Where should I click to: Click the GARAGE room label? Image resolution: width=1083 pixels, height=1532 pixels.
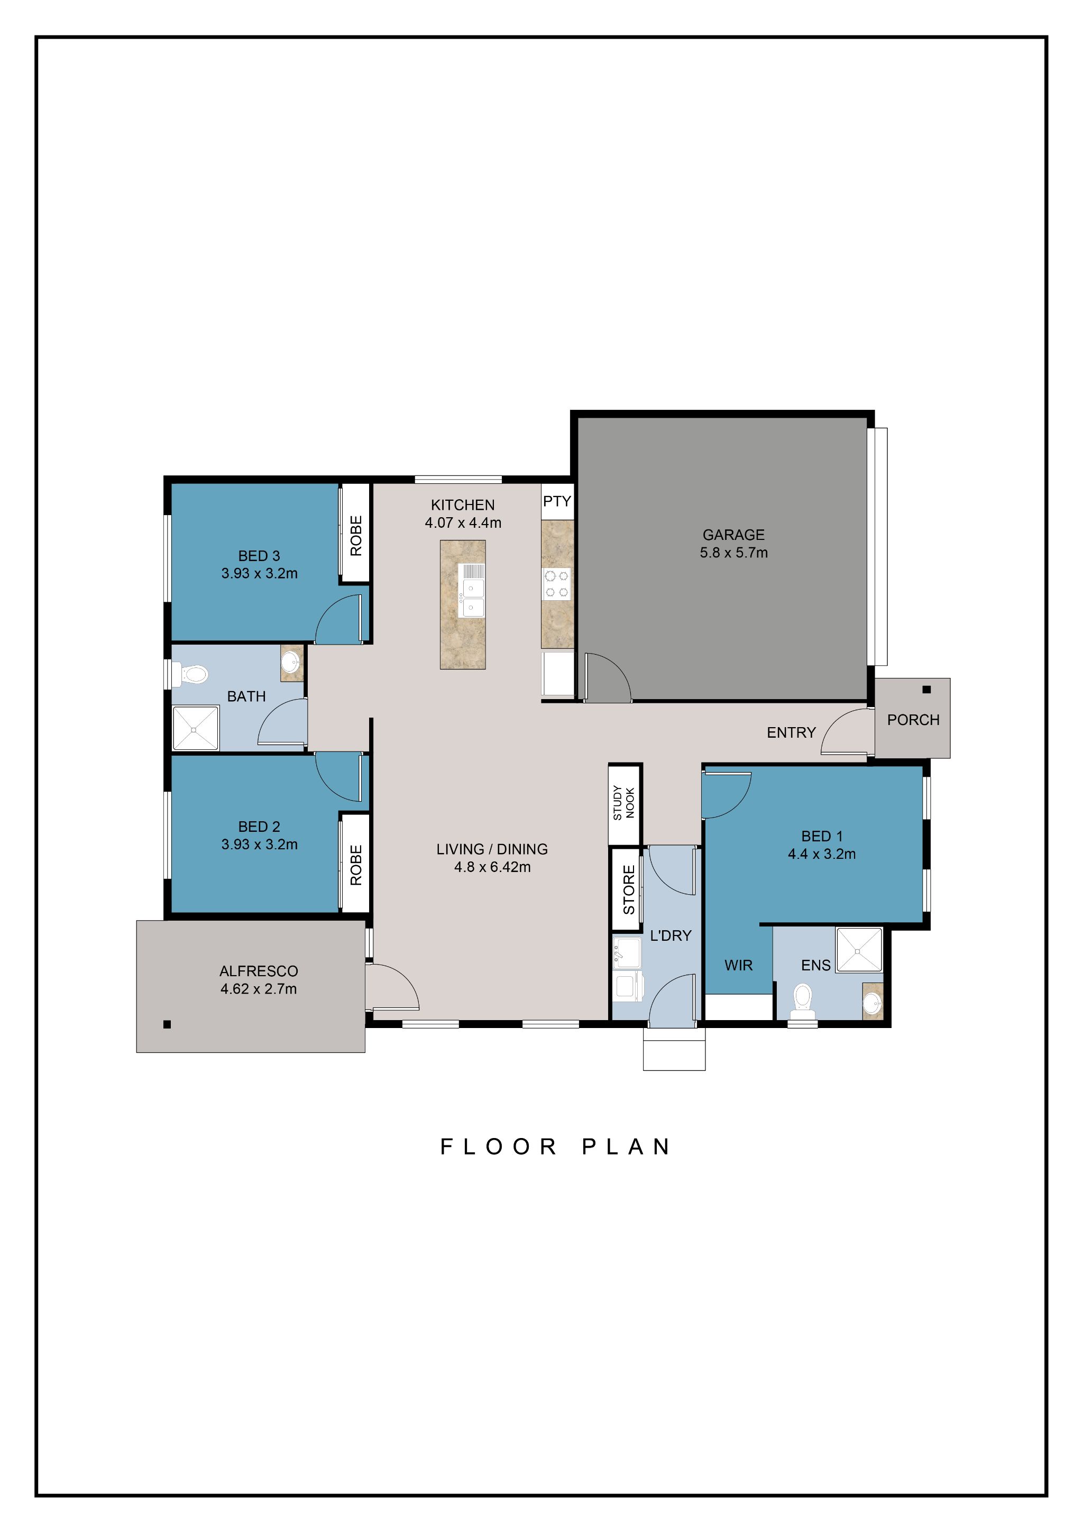pyautogui.click(x=733, y=535)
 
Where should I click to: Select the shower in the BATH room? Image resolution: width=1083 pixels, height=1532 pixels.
pyautogui.click(x=196, y=729)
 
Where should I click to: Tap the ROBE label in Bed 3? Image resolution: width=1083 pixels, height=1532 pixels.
pyautogui.click(x=356, y=535)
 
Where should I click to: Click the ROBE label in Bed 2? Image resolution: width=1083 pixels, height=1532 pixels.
pyautogui.click(x=356, y=866)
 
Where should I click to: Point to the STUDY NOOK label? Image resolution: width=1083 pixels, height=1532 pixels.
pyautogui.click(x=623, y=803)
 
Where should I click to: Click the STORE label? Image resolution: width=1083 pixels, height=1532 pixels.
pyautogui.click(x=628, y=889)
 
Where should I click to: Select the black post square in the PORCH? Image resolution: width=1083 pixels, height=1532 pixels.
pyautogui.click(x=926, y=689)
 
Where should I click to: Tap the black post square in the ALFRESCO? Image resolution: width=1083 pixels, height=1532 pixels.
pyautogui.click(x=167, y=1024)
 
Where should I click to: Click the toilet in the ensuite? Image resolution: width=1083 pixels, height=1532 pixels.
pyautogui.click(x=803, y=1000)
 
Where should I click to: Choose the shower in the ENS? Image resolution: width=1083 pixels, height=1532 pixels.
pyautogui.click(x=858, y=949)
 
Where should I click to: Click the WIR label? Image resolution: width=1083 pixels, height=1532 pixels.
pyautogui.click(x=738, y=965)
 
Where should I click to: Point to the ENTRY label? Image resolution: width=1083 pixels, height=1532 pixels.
pyautogui.click(x=791, y=732)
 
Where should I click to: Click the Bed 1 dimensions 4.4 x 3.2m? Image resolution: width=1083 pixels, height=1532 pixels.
pyautogui.click(x=821, y=854)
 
